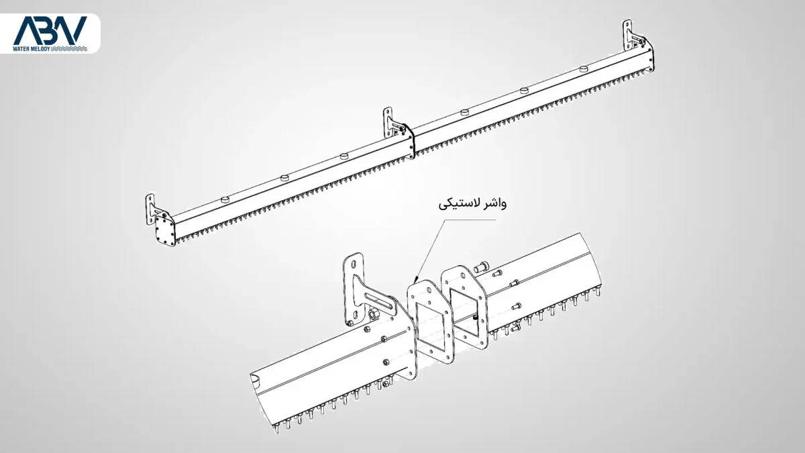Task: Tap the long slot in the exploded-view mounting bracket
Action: pos(369,297)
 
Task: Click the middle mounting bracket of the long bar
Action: pos(390,123)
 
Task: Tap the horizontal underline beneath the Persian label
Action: pos(472,215)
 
